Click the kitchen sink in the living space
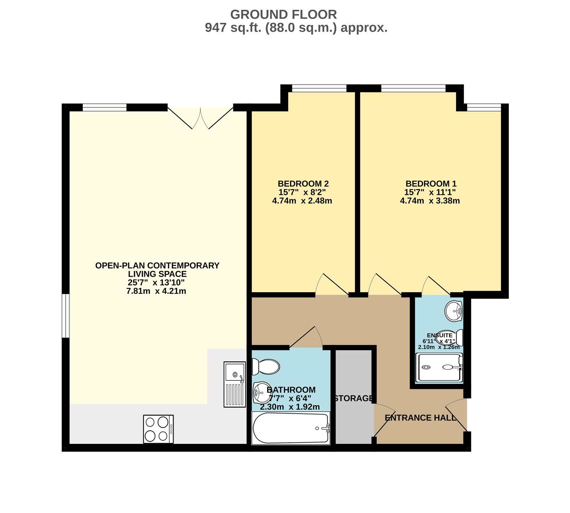pyautogui.click(x=234, y=384)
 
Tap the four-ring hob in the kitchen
pyautogui.click(x=159, y=429)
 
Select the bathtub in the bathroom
pyautogui.click(x=291, y=428)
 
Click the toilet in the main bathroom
pyautogui.click(x=266, y=367)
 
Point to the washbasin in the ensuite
pyautogui.click(x=454, y=311)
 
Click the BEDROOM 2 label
pyautogui.click(x=303, y=184)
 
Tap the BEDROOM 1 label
pyautogui.click(x=431, y=184)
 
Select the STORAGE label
pyautogui.click(x=354, y=398)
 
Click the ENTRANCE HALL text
pyautogui.click(x=420, y=418)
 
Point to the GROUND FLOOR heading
pyautogui.click(x=284, y=15)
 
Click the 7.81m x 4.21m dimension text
pyautogui.click(x=156, y=291)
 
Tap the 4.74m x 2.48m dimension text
pyautogui.click(x=302, y=201)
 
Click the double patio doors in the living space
pyautogui.click(x=201, y=118)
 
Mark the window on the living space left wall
pyautogui.click(x=66, y=316)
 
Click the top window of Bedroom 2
pyautogui.click(x=319, y=88)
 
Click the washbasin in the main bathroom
pyautogui.click(x=262, y=393)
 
